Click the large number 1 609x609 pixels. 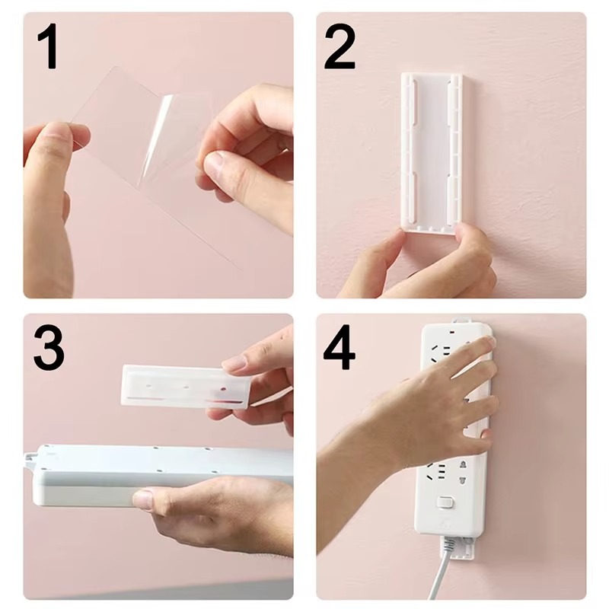[48, 47]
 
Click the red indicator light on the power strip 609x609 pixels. [454, 332]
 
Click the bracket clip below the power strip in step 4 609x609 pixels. [455, 542]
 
